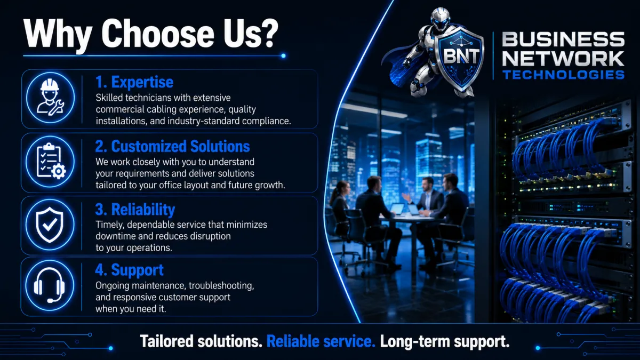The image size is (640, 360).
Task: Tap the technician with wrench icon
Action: pyautogui.click(x=50, y=97)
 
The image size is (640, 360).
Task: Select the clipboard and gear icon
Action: pyautogui.click(x=51, y=161)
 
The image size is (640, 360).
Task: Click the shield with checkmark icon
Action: pyautogui.click(x=50, y=225)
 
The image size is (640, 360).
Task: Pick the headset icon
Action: pyautogui.click(x=49, y=285)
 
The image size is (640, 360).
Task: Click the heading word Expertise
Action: pyautogui.click(x=142, y=82)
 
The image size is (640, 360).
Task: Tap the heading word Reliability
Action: pyautogui.click(x=143, y=210)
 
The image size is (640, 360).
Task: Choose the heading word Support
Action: pyautogui.click(x=137, y=270)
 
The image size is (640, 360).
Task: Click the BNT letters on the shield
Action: pyautogui.click(x=461, y=55)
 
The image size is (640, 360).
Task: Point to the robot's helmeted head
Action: pyautogui.click(x=441, y=19)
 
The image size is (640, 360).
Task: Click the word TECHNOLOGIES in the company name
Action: pyautogui.click(x=563, y=75)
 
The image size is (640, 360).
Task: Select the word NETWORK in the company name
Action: pyautogui.click(x=563, y=58)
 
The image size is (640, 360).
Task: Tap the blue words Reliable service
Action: pyautogui.click(x=321, y=341)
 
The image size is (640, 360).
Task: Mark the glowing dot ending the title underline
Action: pyautogui.click(x=283, y=55)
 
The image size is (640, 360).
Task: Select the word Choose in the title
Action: pyautogui.click(x=158, y=34)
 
